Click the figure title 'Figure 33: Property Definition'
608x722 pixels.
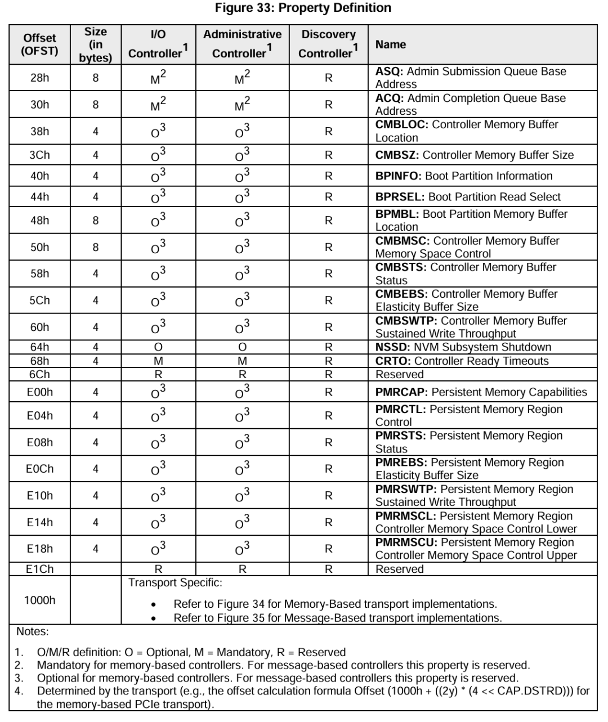[303, 8]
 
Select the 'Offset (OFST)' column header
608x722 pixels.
[39, 44]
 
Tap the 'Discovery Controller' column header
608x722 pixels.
[328, 44]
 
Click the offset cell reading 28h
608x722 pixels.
[39, 78]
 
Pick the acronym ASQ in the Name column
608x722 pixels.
[389, 71]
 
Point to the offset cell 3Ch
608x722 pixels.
[39, 155]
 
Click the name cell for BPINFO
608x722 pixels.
[464, 176]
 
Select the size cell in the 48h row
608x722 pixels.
[95, 221]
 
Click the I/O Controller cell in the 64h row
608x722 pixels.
[158, 347]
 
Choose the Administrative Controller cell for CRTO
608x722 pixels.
[242, 361]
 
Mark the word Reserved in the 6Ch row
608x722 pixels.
[399, 375]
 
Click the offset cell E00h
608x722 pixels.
[39, 393]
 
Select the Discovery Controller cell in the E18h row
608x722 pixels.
[328, 549]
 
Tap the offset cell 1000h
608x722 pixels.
[39, 600]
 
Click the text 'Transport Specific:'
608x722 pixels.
[175, 583]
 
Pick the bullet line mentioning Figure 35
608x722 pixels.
[337, 618]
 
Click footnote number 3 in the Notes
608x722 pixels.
[19, 678]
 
